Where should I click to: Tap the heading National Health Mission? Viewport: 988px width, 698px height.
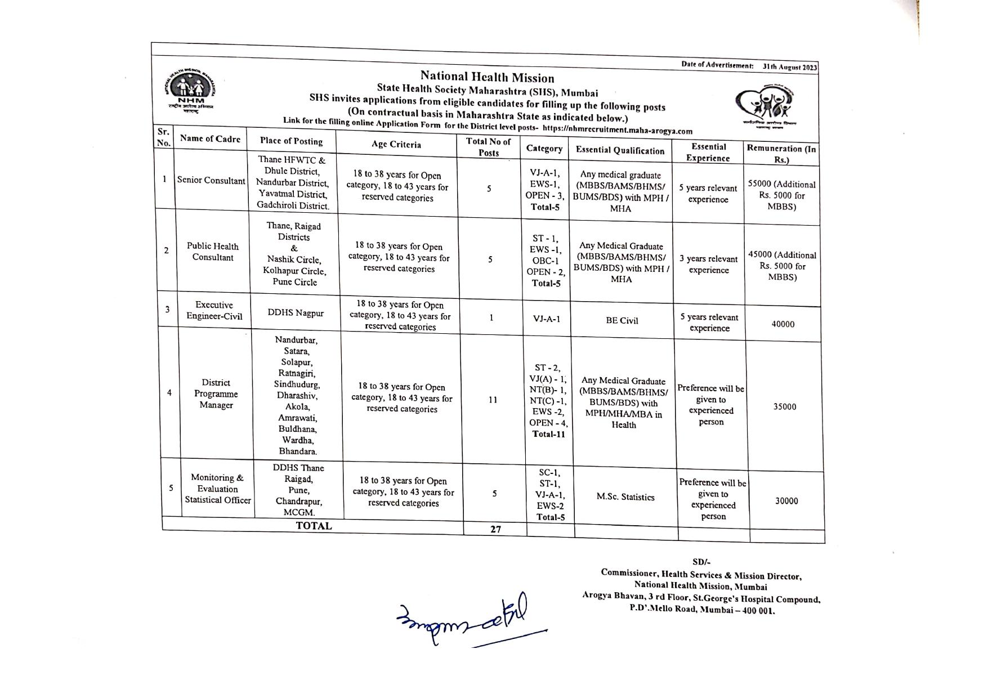pos(487,78)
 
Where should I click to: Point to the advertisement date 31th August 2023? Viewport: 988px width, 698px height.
pos(789,67)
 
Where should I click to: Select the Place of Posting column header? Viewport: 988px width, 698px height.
pos(291,141)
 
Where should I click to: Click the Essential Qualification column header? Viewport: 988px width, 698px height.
pos(620,150)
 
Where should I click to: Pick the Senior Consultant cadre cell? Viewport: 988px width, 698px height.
pos(211,181)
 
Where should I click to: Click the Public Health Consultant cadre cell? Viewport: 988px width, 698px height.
pos(213,252)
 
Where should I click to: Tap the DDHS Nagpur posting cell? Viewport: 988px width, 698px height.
pos(296,313)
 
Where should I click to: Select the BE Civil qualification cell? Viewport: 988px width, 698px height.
pos(622,320)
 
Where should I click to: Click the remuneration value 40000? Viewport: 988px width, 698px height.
pos(783,324)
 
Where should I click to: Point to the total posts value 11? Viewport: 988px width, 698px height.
pos(493,400)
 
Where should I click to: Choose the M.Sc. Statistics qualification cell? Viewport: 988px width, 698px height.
pos(625,497)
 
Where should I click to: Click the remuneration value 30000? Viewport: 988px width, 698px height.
pos(786,501)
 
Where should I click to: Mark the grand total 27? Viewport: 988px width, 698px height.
pos(495,529)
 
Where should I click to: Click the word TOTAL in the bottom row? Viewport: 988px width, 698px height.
pos(314,526)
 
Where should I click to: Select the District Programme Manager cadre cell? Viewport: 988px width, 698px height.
pos(216,393)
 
